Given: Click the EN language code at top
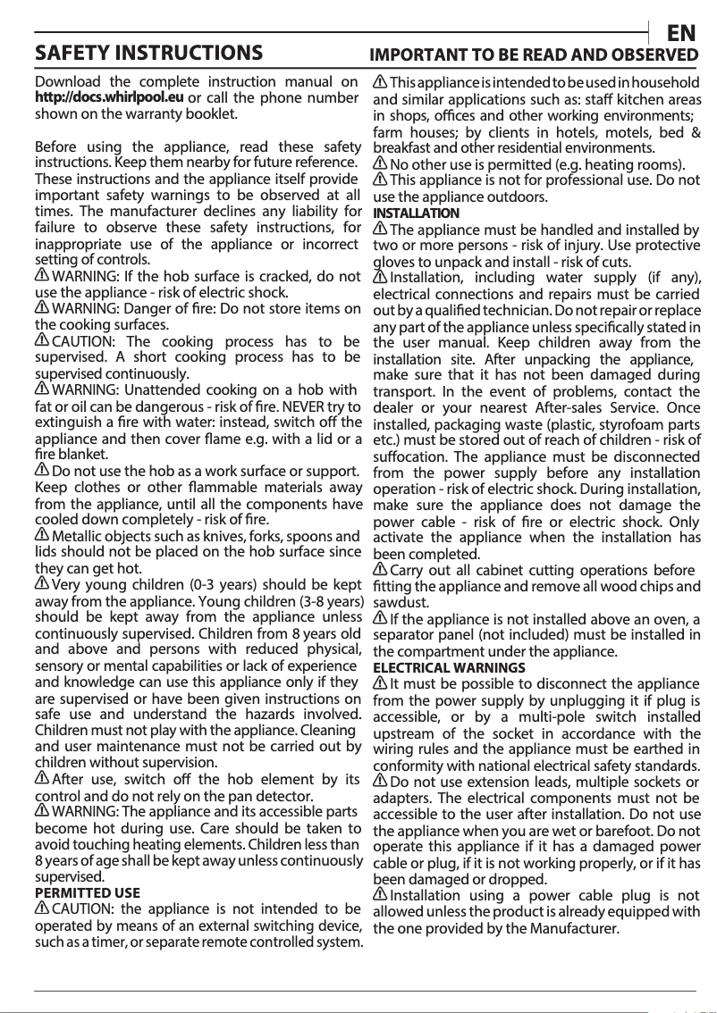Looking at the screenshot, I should (x=682, y=34).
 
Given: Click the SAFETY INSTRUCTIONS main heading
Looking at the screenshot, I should (x=148, y=53).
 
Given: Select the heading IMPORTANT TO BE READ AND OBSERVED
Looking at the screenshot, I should (x=535, y=54).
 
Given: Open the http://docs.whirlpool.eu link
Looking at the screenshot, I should (x=109, y=97).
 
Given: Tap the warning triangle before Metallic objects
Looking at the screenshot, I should (x=42, y=534).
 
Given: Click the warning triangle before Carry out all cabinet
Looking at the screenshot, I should (x=380, y=569).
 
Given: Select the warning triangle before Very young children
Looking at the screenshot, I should (x=42, y=583).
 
